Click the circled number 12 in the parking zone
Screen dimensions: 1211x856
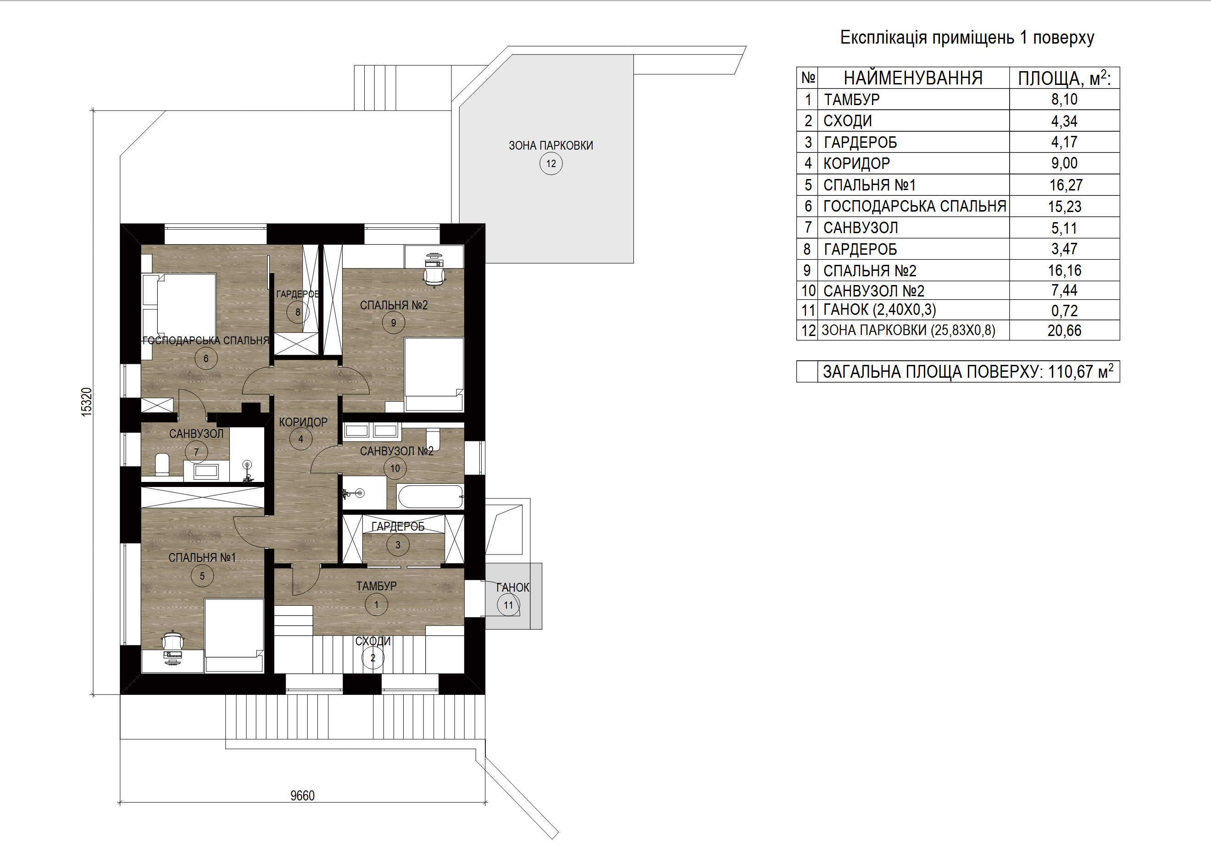click(550, 163)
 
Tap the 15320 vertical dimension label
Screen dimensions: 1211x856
click(87, 402)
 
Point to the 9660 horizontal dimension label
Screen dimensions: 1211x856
click(302, 795)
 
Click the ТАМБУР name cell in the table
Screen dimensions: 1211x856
click(851, 99)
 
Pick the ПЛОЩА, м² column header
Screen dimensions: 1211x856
click(1064, 78)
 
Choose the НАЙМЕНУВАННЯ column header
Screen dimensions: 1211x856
click(913, 78)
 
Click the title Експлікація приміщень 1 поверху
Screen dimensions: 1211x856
click(967, 38)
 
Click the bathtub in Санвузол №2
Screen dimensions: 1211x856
click(430, 497)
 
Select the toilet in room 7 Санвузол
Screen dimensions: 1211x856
click(162, 464)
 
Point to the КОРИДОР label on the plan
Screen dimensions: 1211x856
click(303, 422)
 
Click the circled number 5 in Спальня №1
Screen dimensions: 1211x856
click(202, 576)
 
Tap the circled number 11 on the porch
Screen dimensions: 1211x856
click(508, 605)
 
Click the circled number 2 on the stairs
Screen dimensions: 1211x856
click(373, 658)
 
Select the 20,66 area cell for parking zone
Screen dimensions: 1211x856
click(1064, 330)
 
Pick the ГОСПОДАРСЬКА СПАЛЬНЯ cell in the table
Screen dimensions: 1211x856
click(915, 207)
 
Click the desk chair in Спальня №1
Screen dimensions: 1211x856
click(172, 642)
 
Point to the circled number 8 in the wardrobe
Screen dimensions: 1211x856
click(298, 312)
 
